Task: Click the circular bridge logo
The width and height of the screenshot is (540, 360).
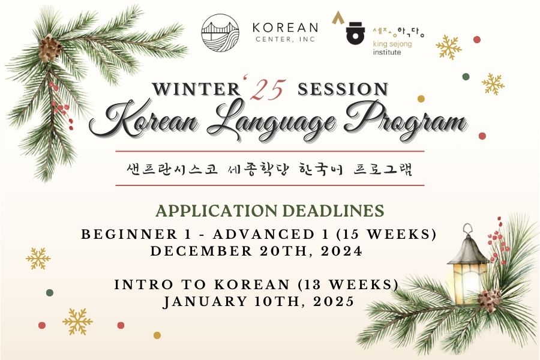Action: (220, 33)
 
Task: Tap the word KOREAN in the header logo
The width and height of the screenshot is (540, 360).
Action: (285, 28)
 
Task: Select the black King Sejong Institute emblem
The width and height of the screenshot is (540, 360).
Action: (355, 34)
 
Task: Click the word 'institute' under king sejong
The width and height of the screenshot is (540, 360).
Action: (387, 52)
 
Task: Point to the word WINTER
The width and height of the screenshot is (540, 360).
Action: (197, 89)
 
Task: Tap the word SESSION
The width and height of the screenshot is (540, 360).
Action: (343, 89)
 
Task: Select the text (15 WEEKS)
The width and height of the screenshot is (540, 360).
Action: (386, 234)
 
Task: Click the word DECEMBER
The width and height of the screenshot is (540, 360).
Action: (202, 251)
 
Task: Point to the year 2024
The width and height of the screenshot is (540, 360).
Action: (341, 251)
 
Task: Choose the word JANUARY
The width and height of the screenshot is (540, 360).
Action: (205, 301)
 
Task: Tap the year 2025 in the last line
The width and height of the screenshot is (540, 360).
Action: (334, 301)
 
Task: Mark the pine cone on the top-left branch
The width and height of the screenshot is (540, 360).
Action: (50, 48)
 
